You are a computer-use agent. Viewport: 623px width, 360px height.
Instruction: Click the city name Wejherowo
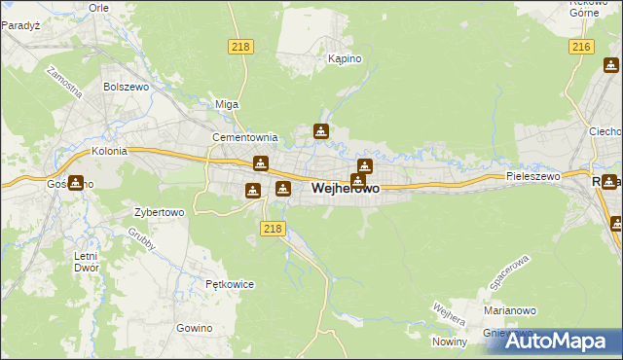coord(346,188)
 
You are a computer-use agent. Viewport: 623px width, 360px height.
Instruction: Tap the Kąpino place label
coord(345,59)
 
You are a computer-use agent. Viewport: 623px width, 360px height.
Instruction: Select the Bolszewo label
coord(124,87)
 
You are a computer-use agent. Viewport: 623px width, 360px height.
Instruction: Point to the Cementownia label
coord(245,138)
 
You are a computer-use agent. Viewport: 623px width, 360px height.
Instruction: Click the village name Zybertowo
coord(160,211)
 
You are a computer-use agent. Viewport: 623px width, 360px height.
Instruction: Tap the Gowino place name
coord(195,328)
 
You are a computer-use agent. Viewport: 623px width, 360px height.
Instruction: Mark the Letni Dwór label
coord(86,262)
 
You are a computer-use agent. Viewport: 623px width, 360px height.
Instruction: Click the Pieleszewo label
coord(532,177)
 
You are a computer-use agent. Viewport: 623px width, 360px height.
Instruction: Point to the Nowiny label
coord(450,342)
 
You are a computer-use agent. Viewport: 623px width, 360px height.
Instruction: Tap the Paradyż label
coord(19,26)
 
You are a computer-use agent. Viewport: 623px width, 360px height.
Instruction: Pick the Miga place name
coord(227,104)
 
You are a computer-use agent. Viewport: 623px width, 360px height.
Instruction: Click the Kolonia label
coord(110,152)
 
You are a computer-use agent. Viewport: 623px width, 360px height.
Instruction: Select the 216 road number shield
coord(582,47)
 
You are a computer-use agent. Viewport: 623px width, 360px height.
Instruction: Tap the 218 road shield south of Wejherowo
coord(273,228)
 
